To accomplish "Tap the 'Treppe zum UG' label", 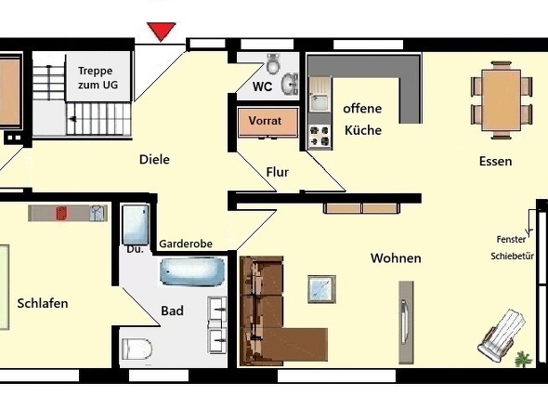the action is (x=98, y=78).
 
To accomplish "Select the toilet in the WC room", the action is (x=273, y=63).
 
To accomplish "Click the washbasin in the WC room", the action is (x=290, y=85).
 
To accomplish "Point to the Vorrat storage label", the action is (x=265, y=121).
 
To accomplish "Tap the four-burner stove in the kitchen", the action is (x=320, y=136).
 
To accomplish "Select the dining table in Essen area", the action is (x=502, y=100).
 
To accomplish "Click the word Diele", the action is (x=154, y=160).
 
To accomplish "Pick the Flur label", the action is (x=278, y=172).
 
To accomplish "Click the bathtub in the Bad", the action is (x=192, y=271).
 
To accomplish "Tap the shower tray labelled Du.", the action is (x=136, y=225).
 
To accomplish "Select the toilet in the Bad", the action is (x=137, y=349).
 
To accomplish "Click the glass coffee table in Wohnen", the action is (x=322, y=289).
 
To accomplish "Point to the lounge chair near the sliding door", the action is (x=502, y=336).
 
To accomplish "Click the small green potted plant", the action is (x=523, y=360).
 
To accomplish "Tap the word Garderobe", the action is (x=186, y=244).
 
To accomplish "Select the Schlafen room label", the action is (x=43, y=303).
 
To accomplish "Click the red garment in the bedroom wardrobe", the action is (x=61, y=213).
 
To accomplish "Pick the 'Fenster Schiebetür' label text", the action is (x=512, y=247).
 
